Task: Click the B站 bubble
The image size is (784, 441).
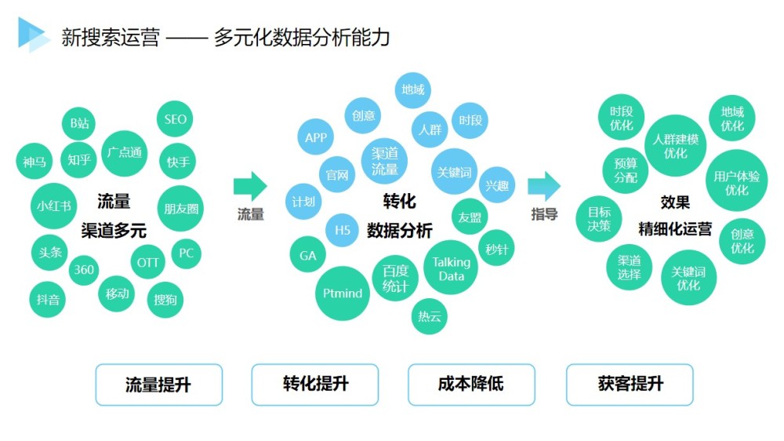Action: (78, 123)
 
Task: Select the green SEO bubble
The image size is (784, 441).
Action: (175, 119)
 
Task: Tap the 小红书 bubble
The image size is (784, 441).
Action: (53, 206)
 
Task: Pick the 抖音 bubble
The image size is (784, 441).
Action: (48, 299)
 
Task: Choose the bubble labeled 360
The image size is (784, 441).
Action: (84, 270)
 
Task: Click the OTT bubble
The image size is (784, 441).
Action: (147, 262)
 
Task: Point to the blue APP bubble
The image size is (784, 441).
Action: (315, 137)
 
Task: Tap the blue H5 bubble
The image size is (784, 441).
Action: (342, 230)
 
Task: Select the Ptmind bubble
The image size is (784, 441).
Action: (343, 293)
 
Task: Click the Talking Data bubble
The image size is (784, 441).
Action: (451, 268)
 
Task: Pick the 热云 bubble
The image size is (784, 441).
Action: (429, 316)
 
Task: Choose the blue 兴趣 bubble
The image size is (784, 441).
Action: (496, 185)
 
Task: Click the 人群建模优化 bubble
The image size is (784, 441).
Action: (676, 146)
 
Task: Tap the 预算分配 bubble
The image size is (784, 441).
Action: (626, 170)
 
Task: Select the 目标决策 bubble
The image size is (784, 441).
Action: (598, 219)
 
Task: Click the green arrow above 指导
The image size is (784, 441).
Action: (544, 186)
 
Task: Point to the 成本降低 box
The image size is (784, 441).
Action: (471, 385)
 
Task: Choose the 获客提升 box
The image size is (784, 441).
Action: (630, 385)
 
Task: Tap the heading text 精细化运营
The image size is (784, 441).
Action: (675, 229)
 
